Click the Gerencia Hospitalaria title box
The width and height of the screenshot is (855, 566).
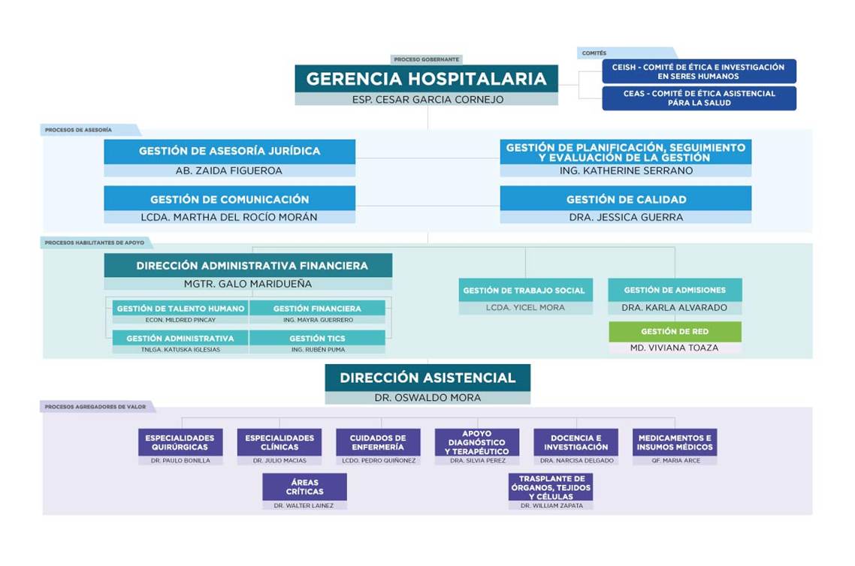click(x=427, y=79)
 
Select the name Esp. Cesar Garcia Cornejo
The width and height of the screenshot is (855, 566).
click(x=427, y=100)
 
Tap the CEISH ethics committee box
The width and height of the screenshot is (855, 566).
click(x=699, y=71)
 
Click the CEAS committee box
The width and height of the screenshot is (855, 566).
click(x=699, y=98)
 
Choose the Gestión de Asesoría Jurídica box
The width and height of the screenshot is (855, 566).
click(x=230, y=151)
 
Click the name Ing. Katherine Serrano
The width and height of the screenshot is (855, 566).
click(x=626, y=170)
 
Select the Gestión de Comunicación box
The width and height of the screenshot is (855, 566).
click(x=230, y=199)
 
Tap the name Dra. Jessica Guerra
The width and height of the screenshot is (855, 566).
click(x=626, y=217)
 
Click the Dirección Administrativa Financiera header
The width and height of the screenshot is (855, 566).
click(x=248, y=265)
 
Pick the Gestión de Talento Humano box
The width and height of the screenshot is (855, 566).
click(x=180, y=309)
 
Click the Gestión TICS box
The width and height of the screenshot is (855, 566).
click(x=317, y=338)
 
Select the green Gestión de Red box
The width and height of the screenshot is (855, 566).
click(x=675, y=331)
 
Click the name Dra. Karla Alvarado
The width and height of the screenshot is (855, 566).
click(x=675, y=307)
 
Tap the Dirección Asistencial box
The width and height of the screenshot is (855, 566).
click(x=427, y=378)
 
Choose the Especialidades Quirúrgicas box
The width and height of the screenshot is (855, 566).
click(x=180, y=442)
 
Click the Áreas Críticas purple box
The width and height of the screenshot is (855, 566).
click(x=304, y=486)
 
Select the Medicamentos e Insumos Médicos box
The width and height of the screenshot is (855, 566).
click(x=675, y=442)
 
